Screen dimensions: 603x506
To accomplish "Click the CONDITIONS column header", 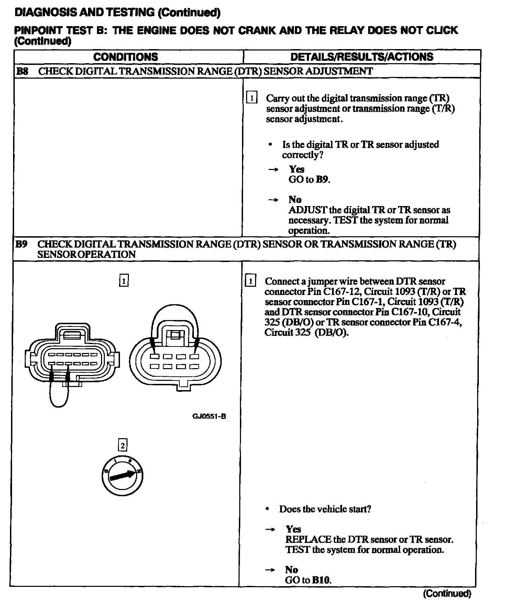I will [125, 57].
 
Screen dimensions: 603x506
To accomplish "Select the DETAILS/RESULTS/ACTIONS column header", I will [362, 57].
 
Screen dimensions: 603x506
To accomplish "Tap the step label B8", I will [22, 71].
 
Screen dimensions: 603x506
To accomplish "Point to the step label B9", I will [22, 244].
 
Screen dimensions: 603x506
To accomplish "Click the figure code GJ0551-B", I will [209, 417].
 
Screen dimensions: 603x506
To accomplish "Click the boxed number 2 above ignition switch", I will [122, 445].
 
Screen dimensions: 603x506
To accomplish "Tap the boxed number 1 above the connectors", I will [123, 281].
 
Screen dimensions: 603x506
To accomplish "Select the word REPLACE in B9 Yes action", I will [308, 539].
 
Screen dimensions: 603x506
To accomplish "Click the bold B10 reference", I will [321, 580].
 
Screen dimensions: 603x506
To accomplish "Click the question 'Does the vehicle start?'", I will [325, 509].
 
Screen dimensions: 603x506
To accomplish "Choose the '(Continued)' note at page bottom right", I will [447, 593].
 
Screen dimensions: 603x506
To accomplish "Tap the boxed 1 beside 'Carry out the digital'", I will [252, 98].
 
